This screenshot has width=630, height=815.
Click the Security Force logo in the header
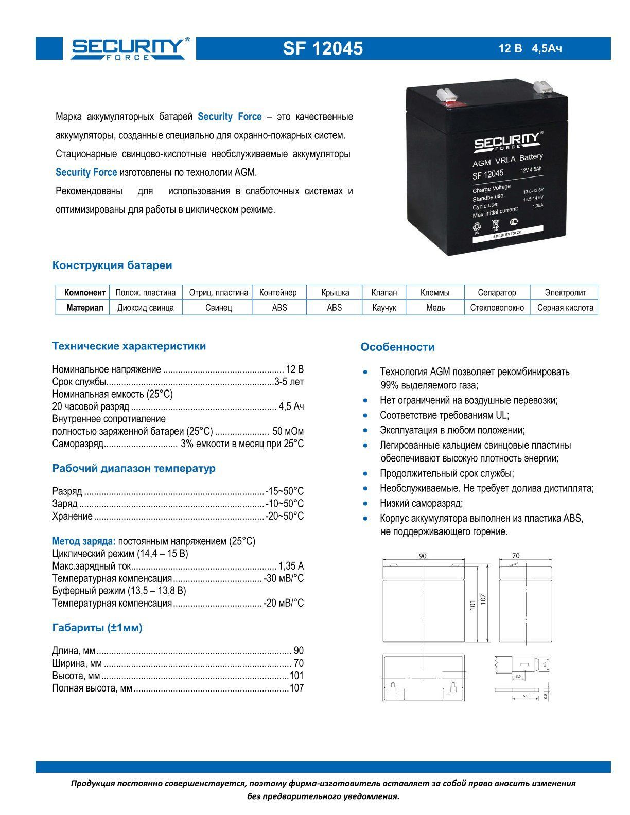[128, 48]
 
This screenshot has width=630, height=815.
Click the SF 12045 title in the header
[323, 48]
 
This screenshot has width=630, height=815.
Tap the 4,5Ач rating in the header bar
[547, 49]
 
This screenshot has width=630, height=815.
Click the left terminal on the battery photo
[447, 95]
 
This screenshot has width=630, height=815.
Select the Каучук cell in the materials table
[384, 308]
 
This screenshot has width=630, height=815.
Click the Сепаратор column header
[497, 292]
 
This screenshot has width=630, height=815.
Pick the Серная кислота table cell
[565, 308]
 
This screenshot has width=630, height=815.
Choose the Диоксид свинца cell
[146, 308]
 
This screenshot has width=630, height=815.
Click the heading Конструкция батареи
[112, 265]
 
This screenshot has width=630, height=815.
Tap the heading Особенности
[397, 347]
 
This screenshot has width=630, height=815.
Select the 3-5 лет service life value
[289, 382]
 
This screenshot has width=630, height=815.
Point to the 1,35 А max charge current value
[291, 566]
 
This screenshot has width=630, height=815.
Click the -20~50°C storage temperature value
[285, 516]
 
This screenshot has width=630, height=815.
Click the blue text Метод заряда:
[84, 541]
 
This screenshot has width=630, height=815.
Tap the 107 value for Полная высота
[297, 688]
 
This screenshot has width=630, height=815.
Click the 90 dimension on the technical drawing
[423, 556]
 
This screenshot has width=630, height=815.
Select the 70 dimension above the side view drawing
[516, 556]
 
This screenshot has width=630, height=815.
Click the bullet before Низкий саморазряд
[365, 504]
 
